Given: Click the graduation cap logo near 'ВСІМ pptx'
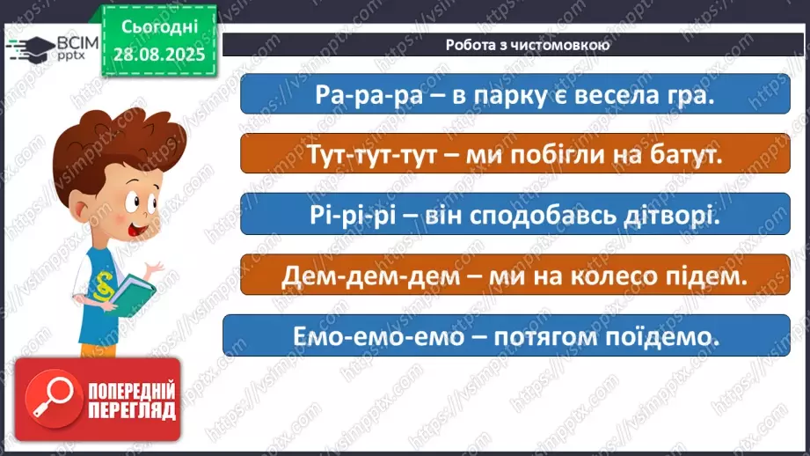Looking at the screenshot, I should [x=32, y=46].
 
